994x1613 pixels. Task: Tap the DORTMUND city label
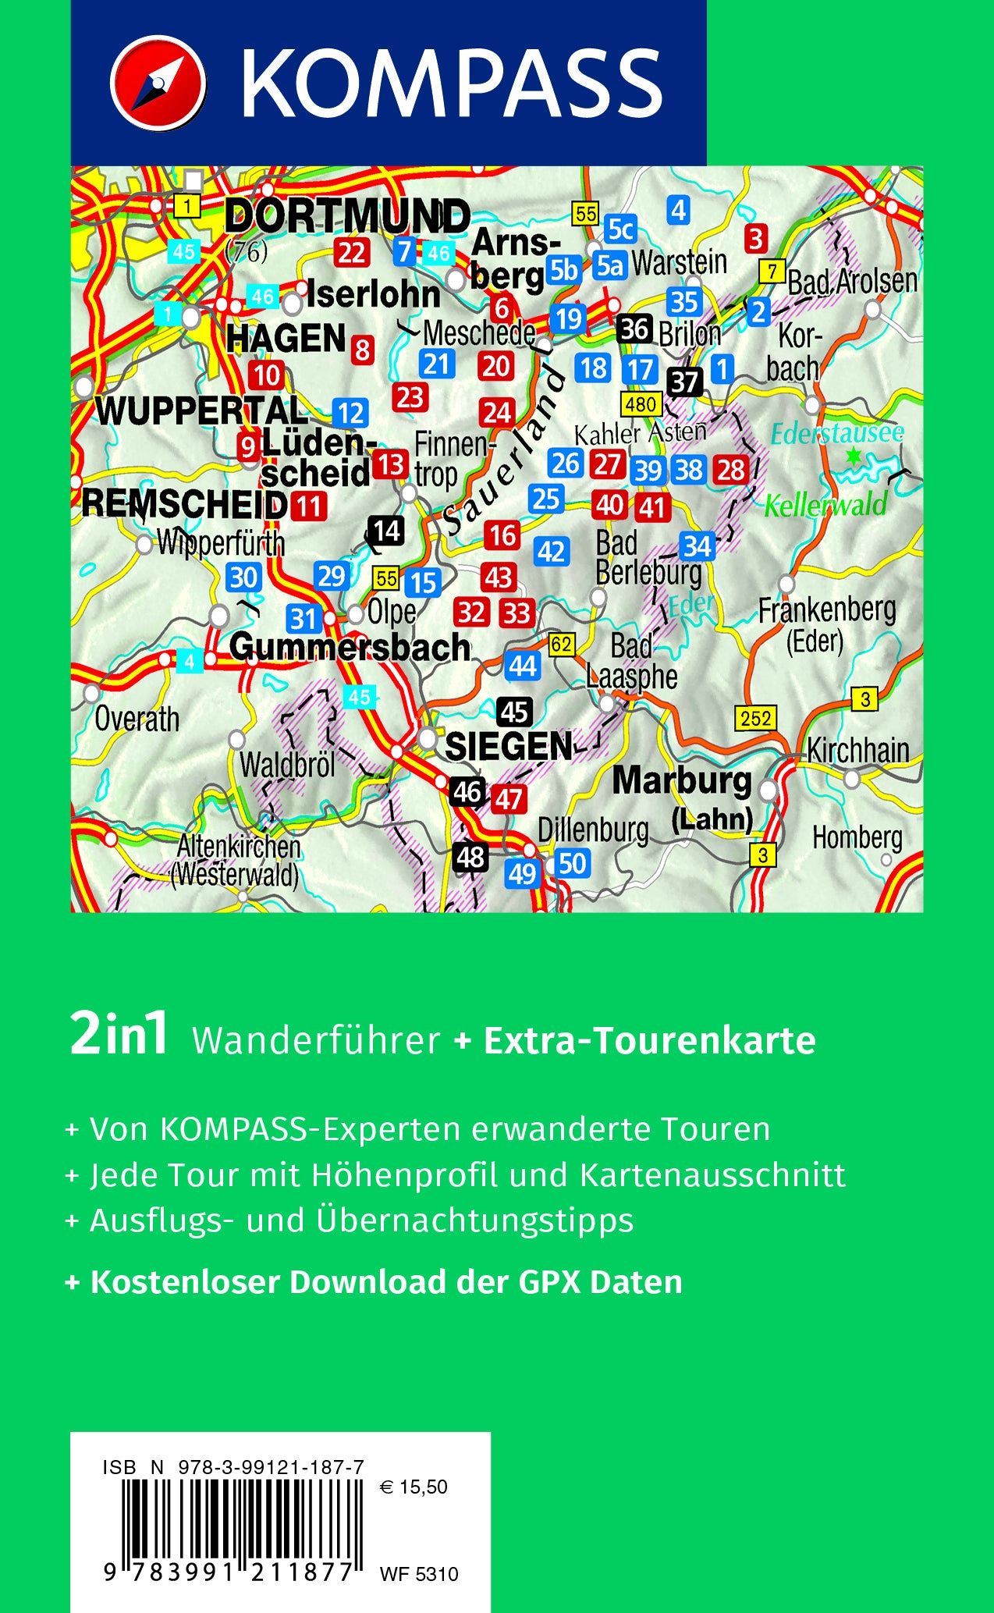pos(347,216)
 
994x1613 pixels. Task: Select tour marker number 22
pos(352,253)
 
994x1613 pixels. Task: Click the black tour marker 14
pos(386,531)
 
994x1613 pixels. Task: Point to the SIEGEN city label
pos(508,747)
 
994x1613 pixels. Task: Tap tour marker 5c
pos(620,229)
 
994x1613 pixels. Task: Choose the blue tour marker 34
pos(697,546)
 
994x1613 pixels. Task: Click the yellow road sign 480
pos(641,404)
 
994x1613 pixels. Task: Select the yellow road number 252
pos(755,718)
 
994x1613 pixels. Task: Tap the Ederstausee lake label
pos(836,433)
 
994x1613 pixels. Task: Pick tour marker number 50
pos(572,863)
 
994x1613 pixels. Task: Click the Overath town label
pos(137,719)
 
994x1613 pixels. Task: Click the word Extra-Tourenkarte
pos(649,1041)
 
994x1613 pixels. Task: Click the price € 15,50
pos(414,1487)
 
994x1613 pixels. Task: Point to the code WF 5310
pos(419,1574)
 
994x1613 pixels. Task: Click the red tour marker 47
pos(509,798)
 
